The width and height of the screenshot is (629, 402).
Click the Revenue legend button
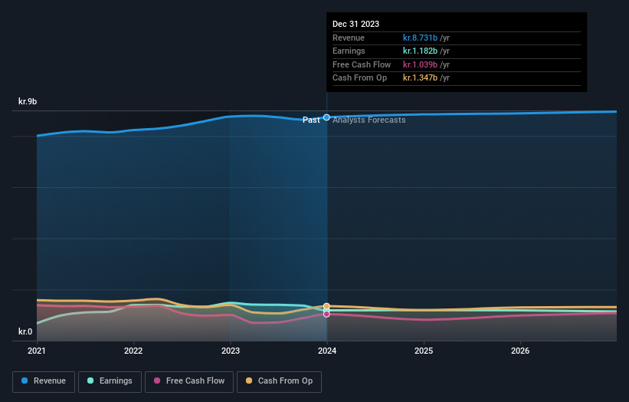coord(44,381)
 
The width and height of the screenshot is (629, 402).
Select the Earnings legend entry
coord(110,381)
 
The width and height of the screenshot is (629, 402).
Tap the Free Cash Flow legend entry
coord(188,381)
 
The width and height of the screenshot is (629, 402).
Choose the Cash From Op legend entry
coord(279,381)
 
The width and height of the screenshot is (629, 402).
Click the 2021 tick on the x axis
coord(37,351)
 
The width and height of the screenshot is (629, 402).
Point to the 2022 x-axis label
coord(133,351)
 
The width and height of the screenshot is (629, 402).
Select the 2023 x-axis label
coord(230,351)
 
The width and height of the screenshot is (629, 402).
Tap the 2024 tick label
coord(327,351)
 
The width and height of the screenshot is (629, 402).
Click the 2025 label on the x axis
coord(424,351)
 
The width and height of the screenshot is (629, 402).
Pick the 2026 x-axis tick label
coord(520,351)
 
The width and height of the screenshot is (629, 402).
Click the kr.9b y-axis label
coord(28,101)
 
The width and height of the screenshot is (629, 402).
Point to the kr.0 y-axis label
coord(26,332)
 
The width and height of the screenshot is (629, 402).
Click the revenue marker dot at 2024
coord(327,117)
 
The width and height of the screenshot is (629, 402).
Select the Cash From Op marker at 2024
coord(327,306)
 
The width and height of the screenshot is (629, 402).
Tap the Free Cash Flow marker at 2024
coord(327,314)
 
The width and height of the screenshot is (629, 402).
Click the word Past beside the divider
coord(311,120)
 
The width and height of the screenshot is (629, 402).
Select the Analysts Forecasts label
coord(369,120)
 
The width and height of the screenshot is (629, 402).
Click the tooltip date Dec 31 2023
coord(355,25)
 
